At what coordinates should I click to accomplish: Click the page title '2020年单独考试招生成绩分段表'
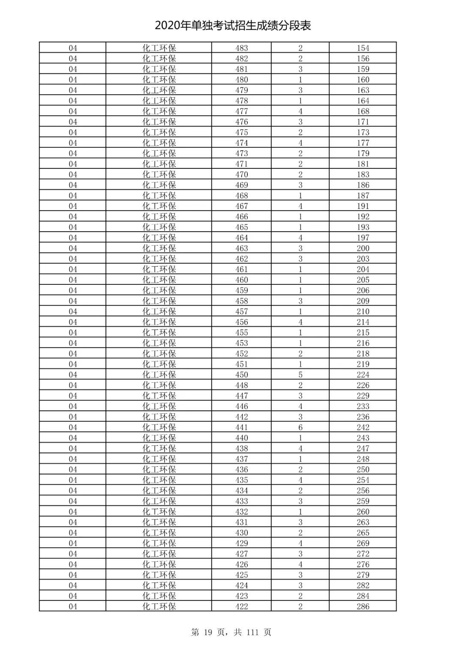233,26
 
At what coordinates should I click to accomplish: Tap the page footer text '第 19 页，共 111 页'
231,632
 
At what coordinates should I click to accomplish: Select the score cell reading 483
241,48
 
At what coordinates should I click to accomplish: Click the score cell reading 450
241,375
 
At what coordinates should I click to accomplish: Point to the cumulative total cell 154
363,48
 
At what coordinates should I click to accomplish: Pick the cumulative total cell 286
363,606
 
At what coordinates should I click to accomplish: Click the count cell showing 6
300,427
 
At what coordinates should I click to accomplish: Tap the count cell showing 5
300,375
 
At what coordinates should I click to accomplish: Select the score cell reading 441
241,427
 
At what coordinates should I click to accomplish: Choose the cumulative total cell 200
363,248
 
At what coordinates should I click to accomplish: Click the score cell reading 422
241,606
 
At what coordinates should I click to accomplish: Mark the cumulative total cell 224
363,375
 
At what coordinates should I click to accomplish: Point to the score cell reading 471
241,164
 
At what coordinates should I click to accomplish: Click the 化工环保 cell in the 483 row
159,48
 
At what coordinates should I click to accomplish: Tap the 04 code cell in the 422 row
73,606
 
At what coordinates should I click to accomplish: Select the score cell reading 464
241,238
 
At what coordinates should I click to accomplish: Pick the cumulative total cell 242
363,427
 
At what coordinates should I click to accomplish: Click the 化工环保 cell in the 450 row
159,375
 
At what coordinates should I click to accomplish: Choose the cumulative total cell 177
363,143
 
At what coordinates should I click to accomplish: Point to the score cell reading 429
241,543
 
